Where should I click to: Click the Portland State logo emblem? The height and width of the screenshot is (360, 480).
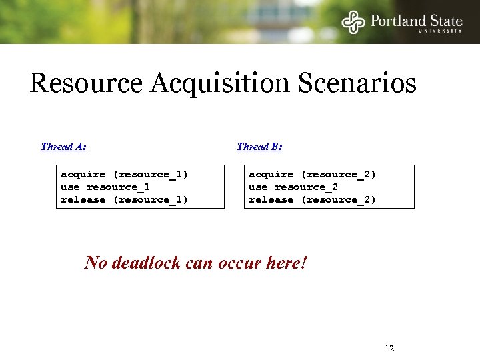(353, 22)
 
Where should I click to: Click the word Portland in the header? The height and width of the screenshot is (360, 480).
(397, 21)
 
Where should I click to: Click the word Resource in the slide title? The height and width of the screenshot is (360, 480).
(86, 85)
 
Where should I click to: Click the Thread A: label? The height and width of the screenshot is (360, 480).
(63, 147)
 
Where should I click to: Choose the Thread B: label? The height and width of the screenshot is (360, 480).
(259, 147)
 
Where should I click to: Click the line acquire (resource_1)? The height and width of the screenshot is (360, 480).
(125, 175)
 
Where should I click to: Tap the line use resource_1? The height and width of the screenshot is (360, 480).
(105, 187)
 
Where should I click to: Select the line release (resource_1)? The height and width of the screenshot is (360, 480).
(125, 200)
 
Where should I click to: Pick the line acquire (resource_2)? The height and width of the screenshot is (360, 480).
(313, 175)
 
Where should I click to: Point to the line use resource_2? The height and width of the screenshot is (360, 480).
(293, 187)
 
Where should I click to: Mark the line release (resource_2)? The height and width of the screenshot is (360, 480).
(313, 200)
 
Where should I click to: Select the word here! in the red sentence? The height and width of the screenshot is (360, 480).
(285, 263)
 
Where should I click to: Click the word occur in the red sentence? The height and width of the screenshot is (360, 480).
(237, 263)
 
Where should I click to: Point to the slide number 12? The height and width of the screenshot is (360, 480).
(390, 349)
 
